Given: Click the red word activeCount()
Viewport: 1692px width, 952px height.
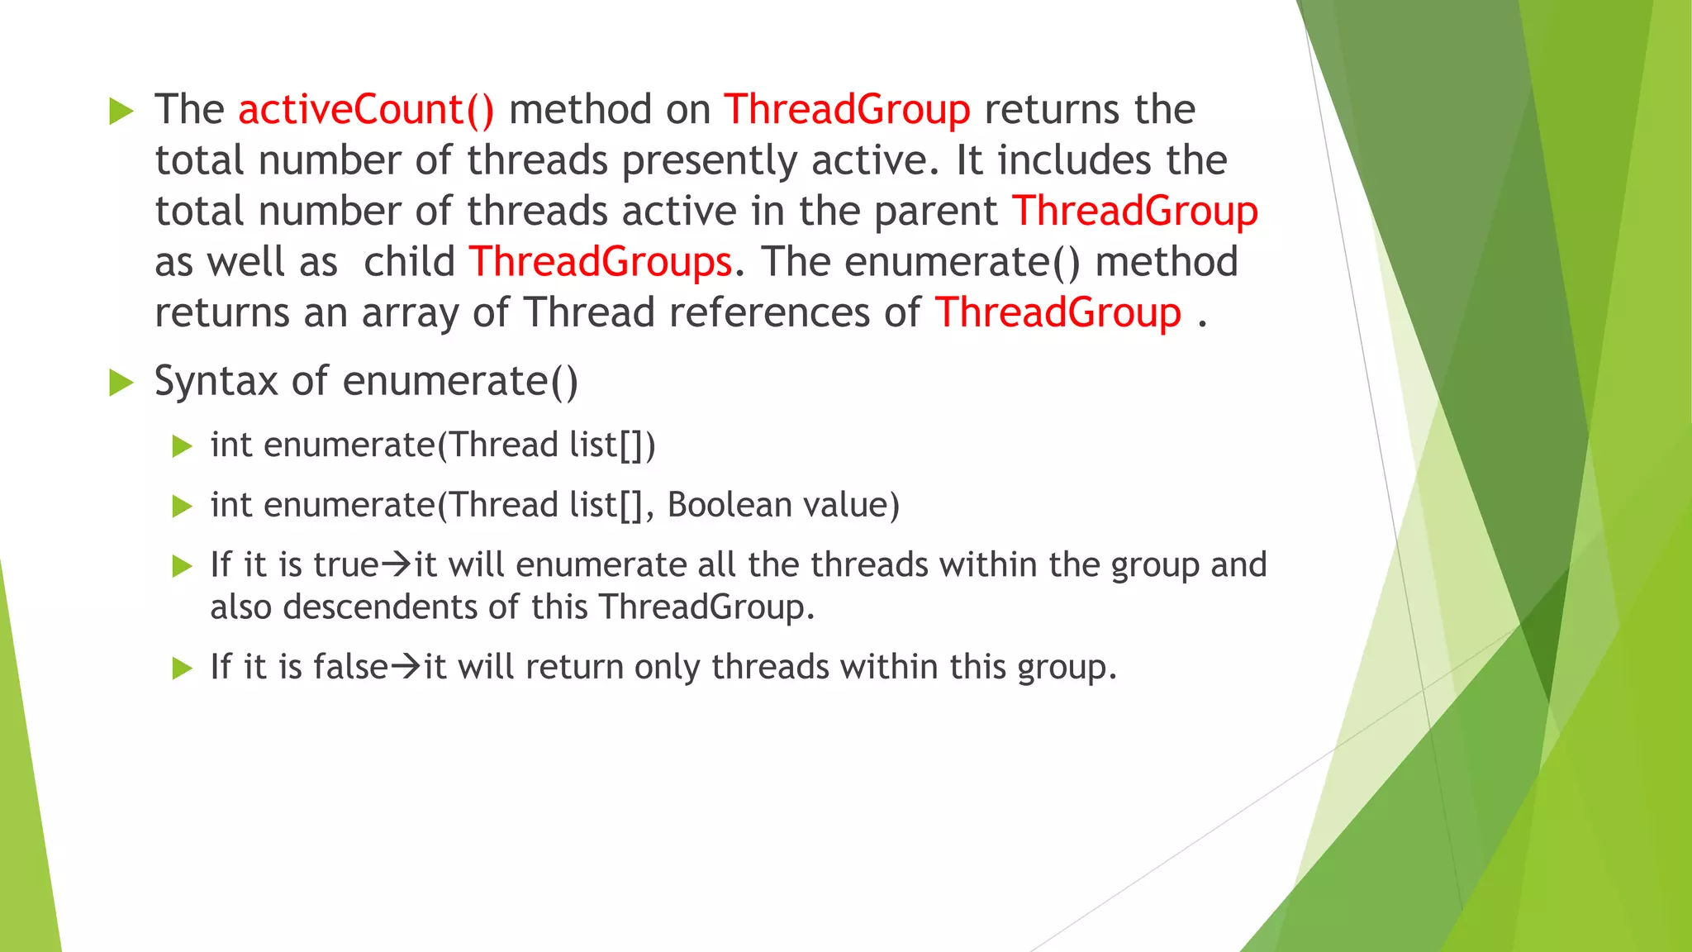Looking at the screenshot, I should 366,110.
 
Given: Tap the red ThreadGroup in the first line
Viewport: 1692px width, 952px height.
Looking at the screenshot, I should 847,110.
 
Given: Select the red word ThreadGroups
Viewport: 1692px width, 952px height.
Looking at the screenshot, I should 601,262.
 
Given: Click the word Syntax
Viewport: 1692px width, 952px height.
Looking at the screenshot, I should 216,382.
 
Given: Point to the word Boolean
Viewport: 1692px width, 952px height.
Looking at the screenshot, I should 717,505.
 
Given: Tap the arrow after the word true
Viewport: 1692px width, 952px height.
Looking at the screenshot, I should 397,565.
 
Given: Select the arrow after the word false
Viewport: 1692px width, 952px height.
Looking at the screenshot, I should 406,667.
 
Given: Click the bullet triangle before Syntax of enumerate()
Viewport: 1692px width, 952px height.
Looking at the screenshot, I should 121,383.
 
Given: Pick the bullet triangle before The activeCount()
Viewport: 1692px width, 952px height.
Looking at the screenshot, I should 121,111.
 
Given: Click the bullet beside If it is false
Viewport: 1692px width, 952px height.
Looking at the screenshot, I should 182,668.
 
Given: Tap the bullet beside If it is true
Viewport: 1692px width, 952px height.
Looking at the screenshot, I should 182,566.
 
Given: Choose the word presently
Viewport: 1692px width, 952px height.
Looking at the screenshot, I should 710,161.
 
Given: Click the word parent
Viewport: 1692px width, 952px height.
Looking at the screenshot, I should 935,212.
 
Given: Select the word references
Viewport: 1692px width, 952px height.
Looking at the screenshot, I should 769,313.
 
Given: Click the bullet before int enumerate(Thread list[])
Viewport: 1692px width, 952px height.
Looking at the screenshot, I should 182,446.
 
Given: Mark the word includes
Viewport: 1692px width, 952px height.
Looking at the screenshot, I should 1074,160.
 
